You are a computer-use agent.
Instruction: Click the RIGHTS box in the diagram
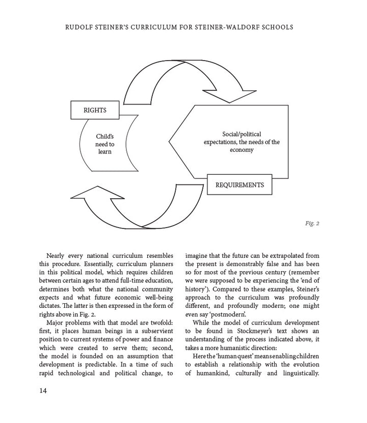point(95,109)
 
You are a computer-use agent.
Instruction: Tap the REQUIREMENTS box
point(240,184)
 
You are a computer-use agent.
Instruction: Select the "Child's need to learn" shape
point(104,144)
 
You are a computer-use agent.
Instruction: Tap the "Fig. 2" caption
point(310,223)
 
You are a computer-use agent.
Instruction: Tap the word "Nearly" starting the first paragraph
point(57,255)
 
